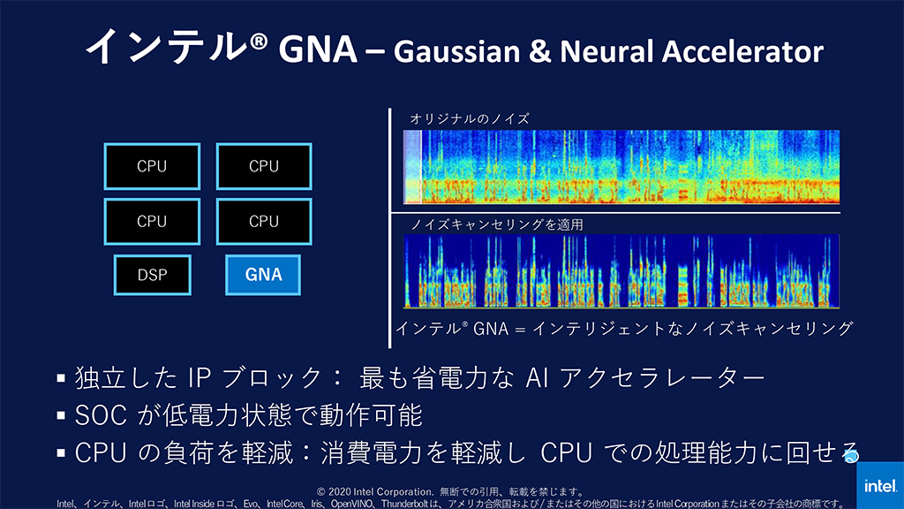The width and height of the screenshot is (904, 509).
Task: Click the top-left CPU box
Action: [x=152, y=166]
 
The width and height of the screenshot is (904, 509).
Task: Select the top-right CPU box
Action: [x=263, y=166]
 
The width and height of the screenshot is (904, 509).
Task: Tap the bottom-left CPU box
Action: [x=152, y=221]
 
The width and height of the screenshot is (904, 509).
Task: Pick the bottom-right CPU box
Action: [x=263, y=221]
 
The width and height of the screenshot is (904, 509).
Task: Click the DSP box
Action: [x=152, y=275]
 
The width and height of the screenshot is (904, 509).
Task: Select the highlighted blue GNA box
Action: [x=263, y=275]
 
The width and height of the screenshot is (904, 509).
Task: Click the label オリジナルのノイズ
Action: [x=469, y=118]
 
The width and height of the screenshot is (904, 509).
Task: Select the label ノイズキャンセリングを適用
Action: [x=497, y=224]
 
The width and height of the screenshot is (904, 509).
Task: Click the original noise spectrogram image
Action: [x=621, y=167]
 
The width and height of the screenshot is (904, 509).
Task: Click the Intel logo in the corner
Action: [x=880, y=485]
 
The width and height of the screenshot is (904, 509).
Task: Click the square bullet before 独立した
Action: [x=61, y=379]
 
